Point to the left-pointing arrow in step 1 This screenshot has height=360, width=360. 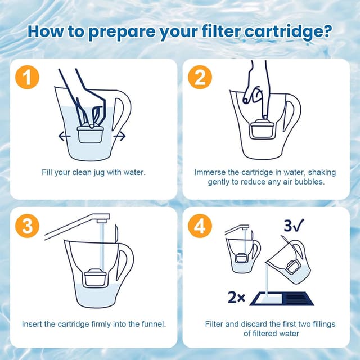(x=65, y=136)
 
